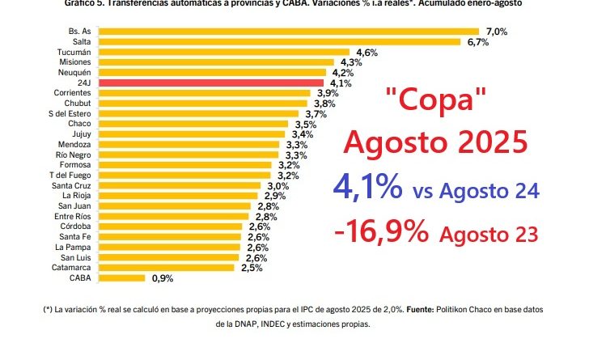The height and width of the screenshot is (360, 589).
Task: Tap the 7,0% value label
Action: (496, 31)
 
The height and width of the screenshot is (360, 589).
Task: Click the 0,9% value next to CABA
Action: (162, 277)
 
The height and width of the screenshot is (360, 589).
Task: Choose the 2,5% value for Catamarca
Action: (251, 267)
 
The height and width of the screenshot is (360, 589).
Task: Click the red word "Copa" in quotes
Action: (436, 104)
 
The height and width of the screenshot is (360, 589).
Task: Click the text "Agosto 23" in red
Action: (489, 235)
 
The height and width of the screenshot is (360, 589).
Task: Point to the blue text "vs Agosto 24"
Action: (475, 193)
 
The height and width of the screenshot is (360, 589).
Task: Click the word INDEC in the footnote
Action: (290, 324)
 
